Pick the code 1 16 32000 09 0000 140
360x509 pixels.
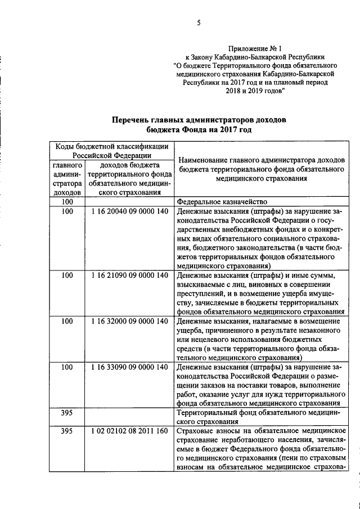tap(129, 321)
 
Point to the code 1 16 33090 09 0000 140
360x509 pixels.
tap(129, 367)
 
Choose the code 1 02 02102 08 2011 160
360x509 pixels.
tap(129, 431)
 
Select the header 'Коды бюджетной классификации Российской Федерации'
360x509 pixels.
tap(111, 151)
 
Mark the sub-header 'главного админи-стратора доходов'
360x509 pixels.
tap(68, 179)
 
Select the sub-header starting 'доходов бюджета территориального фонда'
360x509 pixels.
tap(129, 179)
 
